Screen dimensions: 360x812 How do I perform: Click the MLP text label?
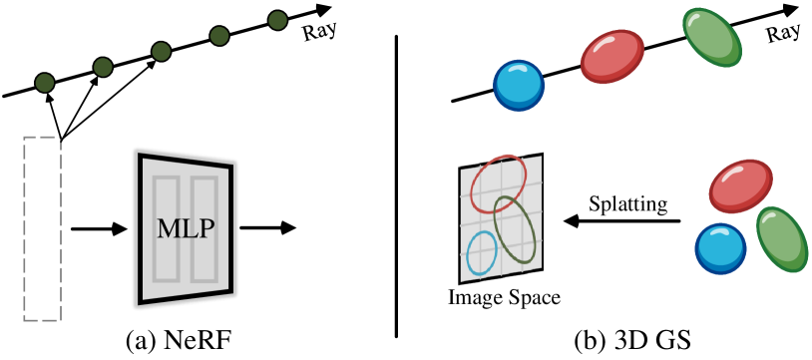pyautogui.click(x=186, y=229)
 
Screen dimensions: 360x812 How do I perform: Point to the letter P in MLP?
pyautogui.click(x=205, y=229)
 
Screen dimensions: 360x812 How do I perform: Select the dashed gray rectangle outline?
pyautogui.click(x=25, y=228)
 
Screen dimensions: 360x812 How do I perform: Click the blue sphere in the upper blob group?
pyautogui.click(x=519, y=85)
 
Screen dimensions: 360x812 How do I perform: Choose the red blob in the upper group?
pyautogui.click(x=612, y=56)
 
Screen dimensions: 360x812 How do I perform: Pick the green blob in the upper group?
pyautogui.click(x=712, y=37)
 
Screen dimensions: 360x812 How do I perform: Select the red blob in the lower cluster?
pyautogui.click(x=740, y=185)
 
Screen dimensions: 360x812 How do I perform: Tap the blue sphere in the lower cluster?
pyautogui.click(x=720, y=247)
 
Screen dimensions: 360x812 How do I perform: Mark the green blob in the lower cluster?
pyautogui.click(x=781, y=239)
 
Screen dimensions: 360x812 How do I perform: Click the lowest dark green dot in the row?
pyautogui.click(x=45, y=83)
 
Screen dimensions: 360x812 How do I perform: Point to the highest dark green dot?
pyautogui.click(x=277, y=20)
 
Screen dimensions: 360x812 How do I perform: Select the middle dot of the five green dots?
pyautogui.click(x=161, y=51)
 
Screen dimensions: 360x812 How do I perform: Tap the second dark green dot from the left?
pyautogui.click(x=103, y=67)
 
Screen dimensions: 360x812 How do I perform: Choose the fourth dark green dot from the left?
pyautogui.click(x=219, y=36)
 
